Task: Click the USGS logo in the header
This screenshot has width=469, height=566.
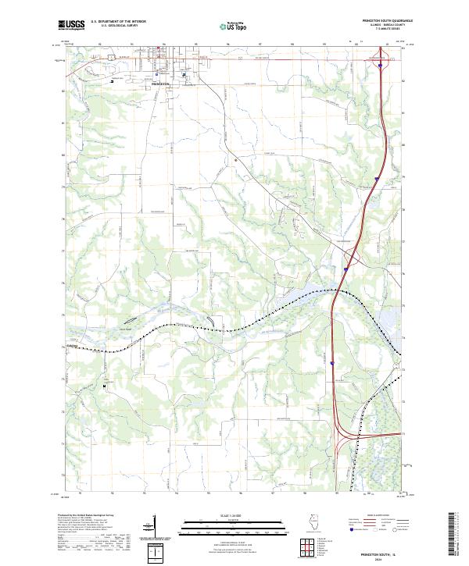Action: pyautogui.click(x=70, y=25)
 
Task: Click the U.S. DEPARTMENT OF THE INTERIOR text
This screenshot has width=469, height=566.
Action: pyautogui.click(x=115, y=22)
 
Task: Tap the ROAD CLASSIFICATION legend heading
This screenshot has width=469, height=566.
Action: pyautogui.click(x=378, y=517)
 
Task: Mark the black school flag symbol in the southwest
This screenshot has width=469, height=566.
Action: pyautogui.click(x=102, y=383)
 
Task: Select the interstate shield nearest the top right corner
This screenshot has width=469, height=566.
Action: pyautogui.click(x=380, y=66)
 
